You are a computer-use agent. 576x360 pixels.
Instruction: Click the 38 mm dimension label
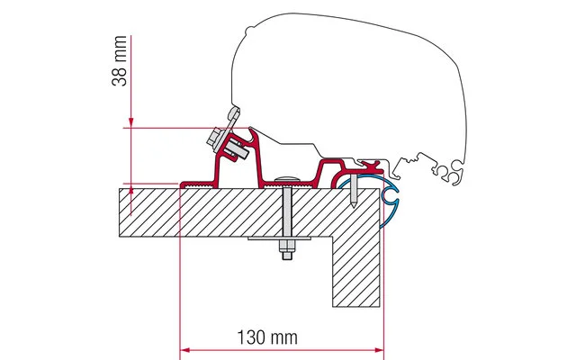point(120,61)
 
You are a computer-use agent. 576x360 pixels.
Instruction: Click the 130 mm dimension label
point(267,337)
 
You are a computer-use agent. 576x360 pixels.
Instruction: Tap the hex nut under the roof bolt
point(287,246)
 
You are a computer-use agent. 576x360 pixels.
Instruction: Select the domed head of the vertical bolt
point(287,178)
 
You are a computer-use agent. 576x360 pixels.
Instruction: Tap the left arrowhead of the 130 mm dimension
point(184,350)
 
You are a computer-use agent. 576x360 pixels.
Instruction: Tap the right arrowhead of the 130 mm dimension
point(379,350)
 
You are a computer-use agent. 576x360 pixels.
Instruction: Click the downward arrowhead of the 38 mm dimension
point(130,123)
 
